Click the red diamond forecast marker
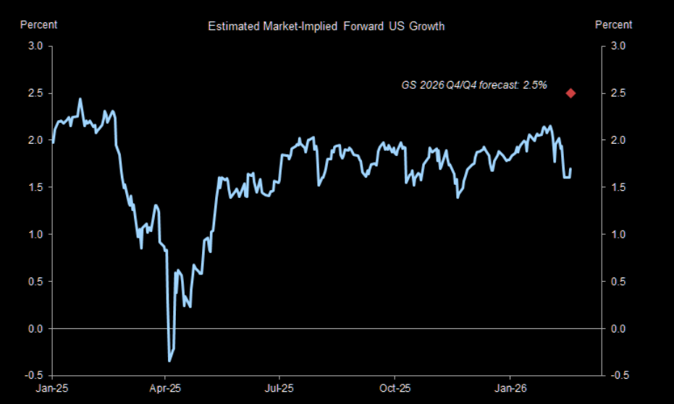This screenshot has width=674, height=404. [x=570, y=93]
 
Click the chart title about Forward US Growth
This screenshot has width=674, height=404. [x=326, y=27]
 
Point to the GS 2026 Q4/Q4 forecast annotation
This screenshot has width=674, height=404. [x=474, y=85]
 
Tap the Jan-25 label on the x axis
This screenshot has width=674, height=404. [x=53, y=388]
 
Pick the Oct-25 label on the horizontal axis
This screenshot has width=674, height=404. [x=395, y=388]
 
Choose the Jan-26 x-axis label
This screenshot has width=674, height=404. [x=509, y=388]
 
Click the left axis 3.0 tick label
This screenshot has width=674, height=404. [x=35, y=46]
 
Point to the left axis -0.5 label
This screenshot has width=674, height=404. [x=34, y=376]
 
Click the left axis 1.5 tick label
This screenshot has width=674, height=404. [x=35, y=187]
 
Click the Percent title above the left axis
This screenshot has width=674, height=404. [x=38, y=25]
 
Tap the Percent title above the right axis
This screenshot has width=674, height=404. [x=613, y=25]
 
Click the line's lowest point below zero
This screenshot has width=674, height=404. [x=169, y=361]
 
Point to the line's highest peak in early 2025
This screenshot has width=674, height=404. [x=80, y=99]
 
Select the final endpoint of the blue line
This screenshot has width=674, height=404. [x=570, y=169]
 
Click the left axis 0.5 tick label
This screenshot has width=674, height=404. [x=35, y=282]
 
